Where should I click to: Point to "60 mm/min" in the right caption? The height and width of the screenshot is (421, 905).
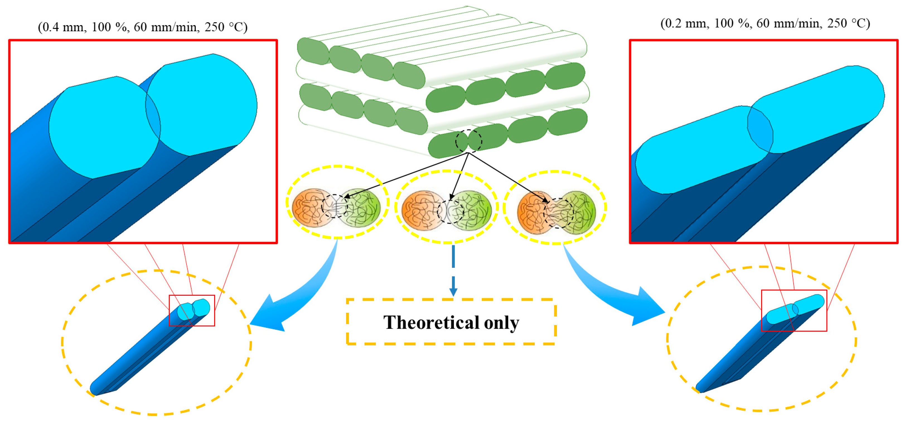coord(789,23)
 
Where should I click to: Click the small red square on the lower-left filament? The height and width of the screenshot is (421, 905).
coord(192,310)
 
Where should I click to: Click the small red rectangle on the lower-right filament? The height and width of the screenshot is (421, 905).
coord(794,310)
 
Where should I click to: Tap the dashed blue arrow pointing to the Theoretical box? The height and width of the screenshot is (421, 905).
coord(453,271)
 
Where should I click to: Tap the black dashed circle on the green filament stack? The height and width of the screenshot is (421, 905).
coord(469,141)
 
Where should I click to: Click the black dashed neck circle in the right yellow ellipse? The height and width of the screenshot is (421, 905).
coord(559,213)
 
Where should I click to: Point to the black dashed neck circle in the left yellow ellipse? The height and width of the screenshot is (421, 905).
coord(335,206)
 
